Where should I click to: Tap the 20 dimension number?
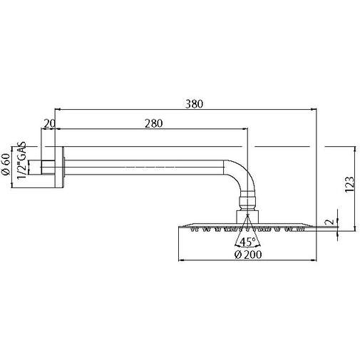[x=49, y=123]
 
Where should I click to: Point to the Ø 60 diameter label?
[x=6, y=165]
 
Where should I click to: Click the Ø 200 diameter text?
[x=247, y=254]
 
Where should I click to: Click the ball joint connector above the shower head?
[x=247, y=200]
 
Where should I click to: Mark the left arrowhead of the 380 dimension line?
[x=58, y=110]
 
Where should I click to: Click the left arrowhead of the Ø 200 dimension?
[x=180, y=261]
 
